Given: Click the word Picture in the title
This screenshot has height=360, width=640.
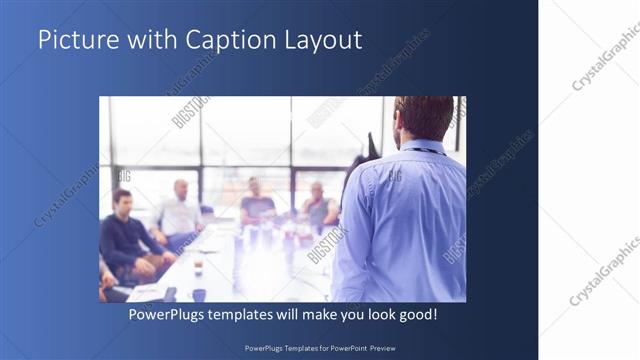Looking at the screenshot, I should coord(71,40).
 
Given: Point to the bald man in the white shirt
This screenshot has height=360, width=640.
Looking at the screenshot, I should coord(180,210).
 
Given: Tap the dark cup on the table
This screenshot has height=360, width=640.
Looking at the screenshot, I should coord(199,294).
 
